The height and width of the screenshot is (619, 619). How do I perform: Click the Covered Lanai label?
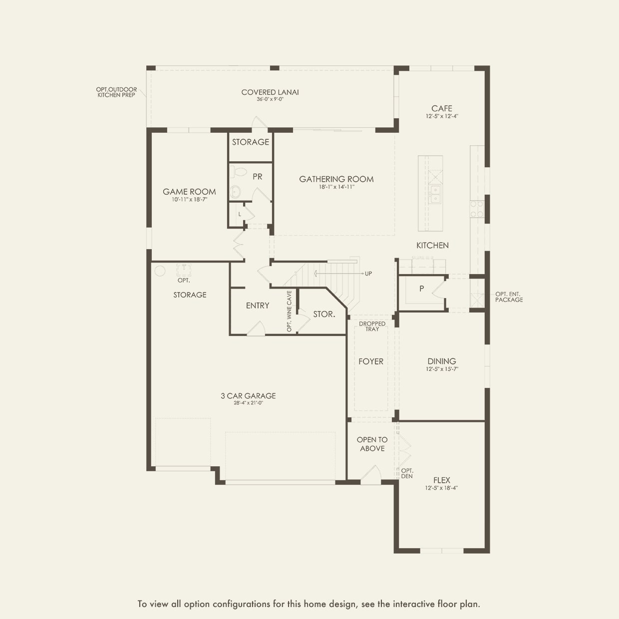[270, 92]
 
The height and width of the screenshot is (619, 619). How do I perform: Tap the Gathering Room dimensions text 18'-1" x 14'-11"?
[336, 187]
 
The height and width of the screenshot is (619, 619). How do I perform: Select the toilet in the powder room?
[240, 172]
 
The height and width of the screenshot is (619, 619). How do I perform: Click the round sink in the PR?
[235, 192]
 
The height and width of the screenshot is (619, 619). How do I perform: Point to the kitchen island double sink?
[435, 195]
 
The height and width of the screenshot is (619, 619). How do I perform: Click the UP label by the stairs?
[368, 274]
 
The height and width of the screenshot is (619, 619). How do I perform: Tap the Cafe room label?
[442, 108]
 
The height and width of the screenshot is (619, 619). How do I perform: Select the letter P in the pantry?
[422, 289]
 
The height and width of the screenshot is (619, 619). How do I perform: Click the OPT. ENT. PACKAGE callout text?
[509, 297]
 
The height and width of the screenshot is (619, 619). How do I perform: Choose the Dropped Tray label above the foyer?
[372, 326]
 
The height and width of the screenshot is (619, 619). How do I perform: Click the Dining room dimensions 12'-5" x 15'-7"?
[442, 369]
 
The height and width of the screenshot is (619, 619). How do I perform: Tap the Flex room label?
[442, 480]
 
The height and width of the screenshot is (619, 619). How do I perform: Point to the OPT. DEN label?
[407, 473]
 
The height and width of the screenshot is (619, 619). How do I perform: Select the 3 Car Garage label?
[248, 396]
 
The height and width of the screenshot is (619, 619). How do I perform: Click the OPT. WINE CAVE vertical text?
[289, 311]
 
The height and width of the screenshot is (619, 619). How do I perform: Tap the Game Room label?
[189, 192]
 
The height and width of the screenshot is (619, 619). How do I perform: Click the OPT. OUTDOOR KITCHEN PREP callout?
[116, 92]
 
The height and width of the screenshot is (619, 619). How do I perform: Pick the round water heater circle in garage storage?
[160, 271]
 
